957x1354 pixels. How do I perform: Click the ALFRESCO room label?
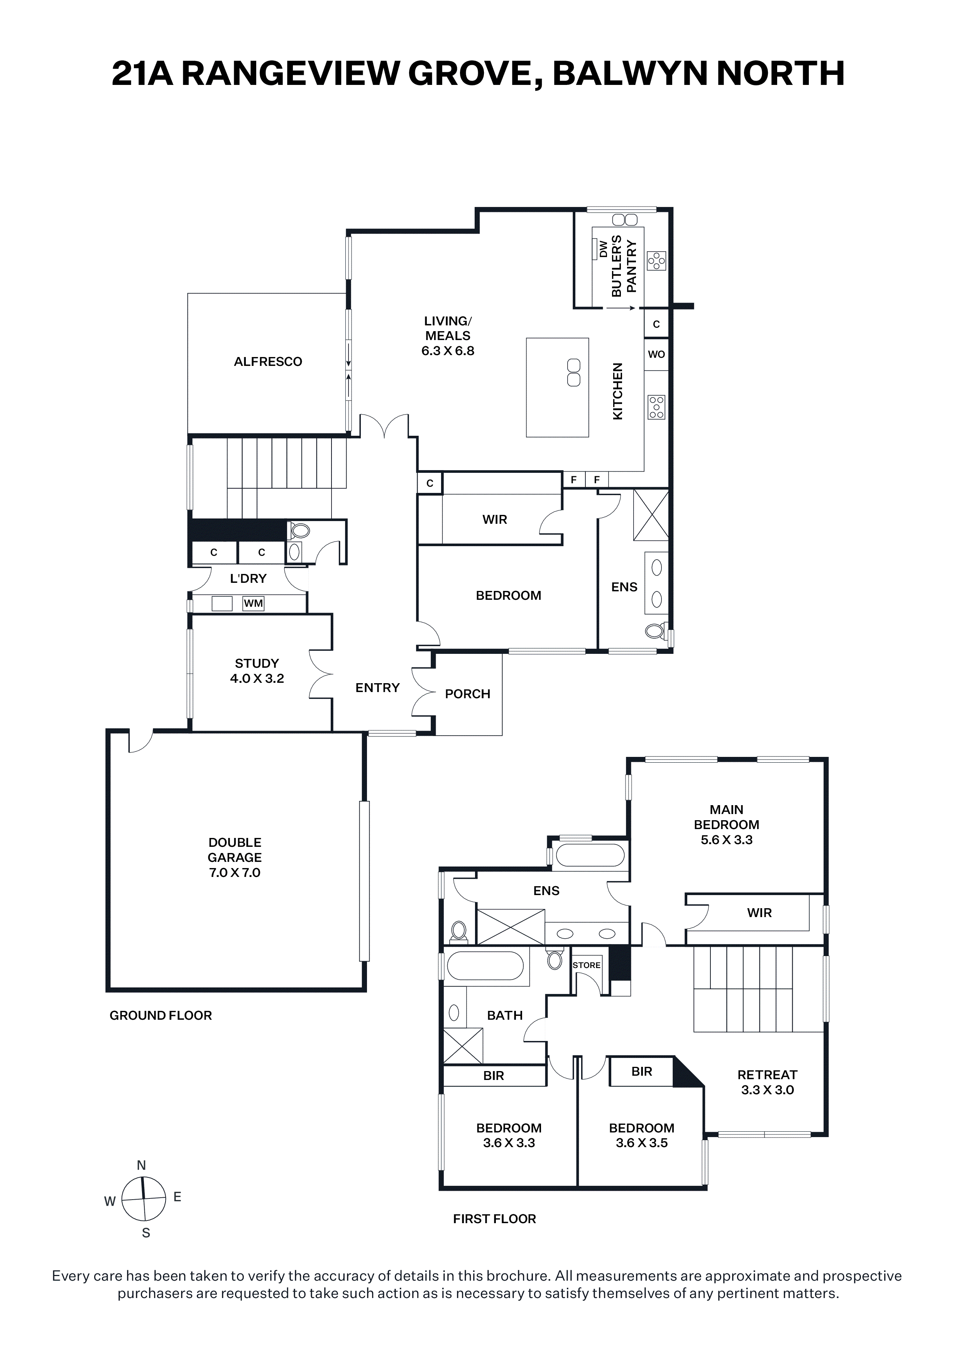(x=268, y=362)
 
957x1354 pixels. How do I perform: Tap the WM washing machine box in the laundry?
(x=254, y=603)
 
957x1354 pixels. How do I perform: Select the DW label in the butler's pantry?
(x=603, y=249)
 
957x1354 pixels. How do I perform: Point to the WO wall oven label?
(x=656, y=354)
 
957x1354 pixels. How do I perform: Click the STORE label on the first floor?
(x=586, y=965)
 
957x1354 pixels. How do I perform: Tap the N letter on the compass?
(x=142, y=1165)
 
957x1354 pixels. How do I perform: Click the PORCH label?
(x=468, y=694)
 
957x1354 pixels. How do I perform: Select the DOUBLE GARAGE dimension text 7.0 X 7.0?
(x=235, y=873)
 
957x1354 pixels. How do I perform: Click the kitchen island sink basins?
(x=574, y=373)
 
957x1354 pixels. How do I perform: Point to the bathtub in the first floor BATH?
(x=485, y=968)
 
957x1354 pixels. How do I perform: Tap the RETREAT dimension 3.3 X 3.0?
(x=767, y=1090)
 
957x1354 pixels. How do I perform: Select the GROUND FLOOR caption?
(x=161, y=1015)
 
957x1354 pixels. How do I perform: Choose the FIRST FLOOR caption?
(x=494, y=1219)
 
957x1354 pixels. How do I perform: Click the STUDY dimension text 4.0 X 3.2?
(x=257, y=679)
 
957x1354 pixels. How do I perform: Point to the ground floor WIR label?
(x=495, y=520)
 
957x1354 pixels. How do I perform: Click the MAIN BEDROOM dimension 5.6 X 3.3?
(x=727, y=840)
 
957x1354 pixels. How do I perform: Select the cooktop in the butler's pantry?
(x=656, y=260)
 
